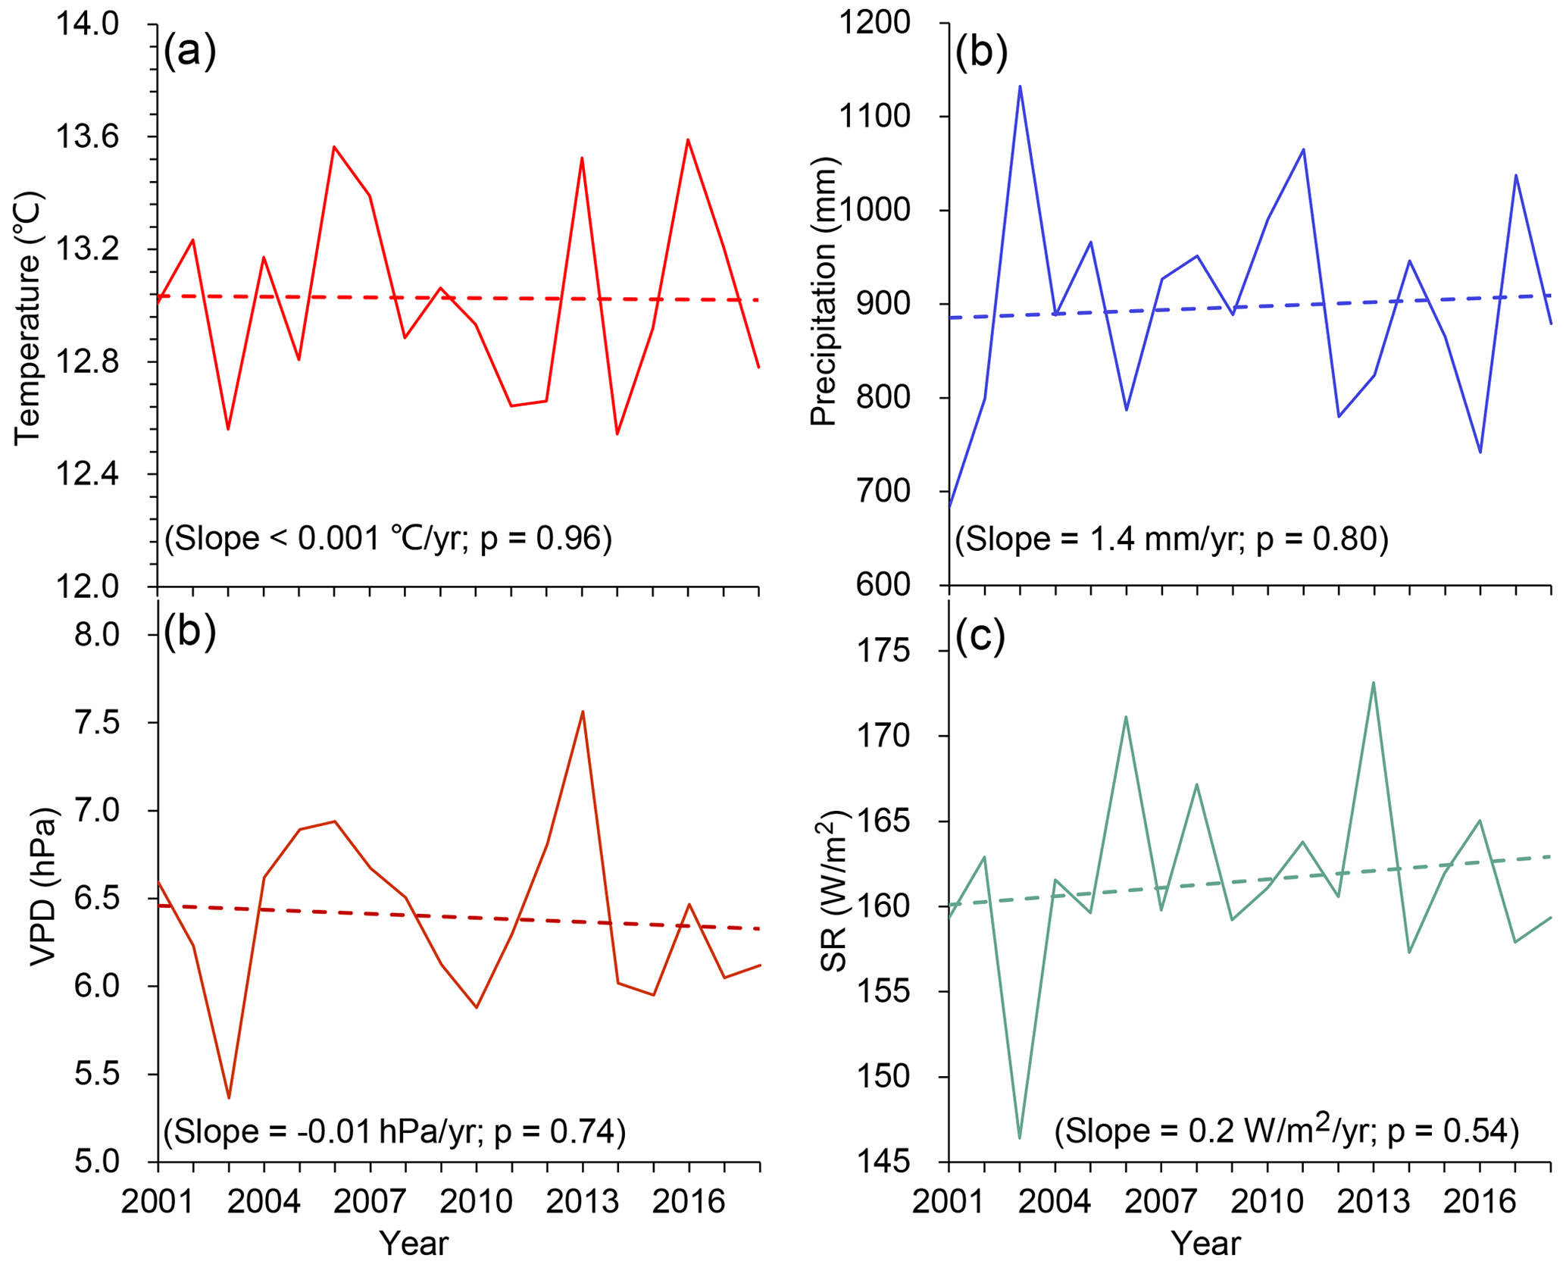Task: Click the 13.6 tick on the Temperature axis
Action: [87, 137]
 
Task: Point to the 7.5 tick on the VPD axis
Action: [97, 723]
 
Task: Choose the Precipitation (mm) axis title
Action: [824, 292]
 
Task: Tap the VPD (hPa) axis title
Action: [44, 887]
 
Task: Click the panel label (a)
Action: [190, 52]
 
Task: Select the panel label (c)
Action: [980, 637]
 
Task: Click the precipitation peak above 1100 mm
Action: [1020, 86]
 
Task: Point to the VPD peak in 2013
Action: [583, 712]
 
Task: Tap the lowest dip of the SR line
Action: [1020, 1137]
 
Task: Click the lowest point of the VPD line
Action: [229, 1097]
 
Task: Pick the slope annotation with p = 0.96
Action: [388, 538]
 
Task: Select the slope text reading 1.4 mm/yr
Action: [1171, 539]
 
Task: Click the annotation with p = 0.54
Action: [1286, 1131]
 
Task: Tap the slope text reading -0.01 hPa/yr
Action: [394, 1131]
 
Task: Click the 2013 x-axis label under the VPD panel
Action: [583, 1202]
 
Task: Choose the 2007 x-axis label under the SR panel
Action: [1161, 1202]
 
